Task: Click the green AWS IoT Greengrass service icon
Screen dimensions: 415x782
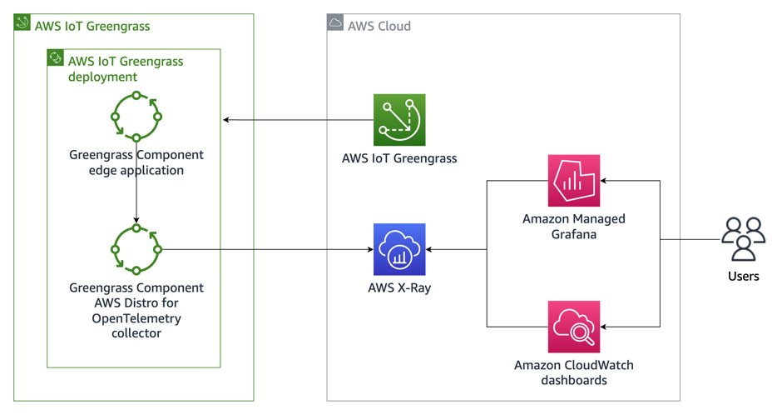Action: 399,120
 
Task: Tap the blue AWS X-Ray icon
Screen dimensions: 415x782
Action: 399,249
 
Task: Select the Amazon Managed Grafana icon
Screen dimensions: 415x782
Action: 574,181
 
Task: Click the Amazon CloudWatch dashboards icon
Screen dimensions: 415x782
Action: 574,327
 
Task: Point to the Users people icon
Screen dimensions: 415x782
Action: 743,240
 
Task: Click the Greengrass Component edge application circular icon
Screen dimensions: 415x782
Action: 136,117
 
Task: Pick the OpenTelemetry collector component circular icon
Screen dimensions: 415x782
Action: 136,248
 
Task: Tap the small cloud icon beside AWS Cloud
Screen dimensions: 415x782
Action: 335,23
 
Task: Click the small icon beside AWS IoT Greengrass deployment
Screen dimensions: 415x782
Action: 56,57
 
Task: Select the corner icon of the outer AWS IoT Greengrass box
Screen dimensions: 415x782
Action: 22,23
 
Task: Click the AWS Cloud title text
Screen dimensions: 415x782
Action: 379,26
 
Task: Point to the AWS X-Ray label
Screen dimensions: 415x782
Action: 399,288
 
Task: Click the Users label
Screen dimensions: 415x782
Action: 743,276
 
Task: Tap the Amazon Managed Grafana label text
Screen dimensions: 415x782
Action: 574,227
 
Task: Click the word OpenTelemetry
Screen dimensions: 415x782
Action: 136,318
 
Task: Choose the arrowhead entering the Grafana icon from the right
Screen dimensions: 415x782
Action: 605,181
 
